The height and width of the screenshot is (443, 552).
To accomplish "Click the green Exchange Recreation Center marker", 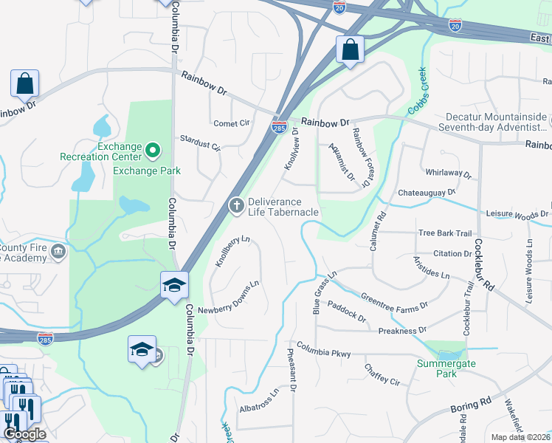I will tap(153, 151).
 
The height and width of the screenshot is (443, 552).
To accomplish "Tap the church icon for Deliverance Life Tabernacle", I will tap(236, 206).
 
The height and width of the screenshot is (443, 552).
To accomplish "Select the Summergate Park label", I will tap(446, 368).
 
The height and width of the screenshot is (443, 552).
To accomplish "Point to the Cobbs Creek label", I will tap(419, 95).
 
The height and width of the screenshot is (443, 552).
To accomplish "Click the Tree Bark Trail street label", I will tap(445, 233).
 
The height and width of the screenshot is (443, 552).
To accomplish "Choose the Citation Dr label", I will tap(452, 253).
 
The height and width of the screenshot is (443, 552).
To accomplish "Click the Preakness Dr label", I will tap(402, 331).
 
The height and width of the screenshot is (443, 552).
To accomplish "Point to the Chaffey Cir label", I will tap(382, 374).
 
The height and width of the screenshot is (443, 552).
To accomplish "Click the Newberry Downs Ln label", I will tap(230, 297).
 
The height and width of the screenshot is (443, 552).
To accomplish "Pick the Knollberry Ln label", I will tap(232, 250).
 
